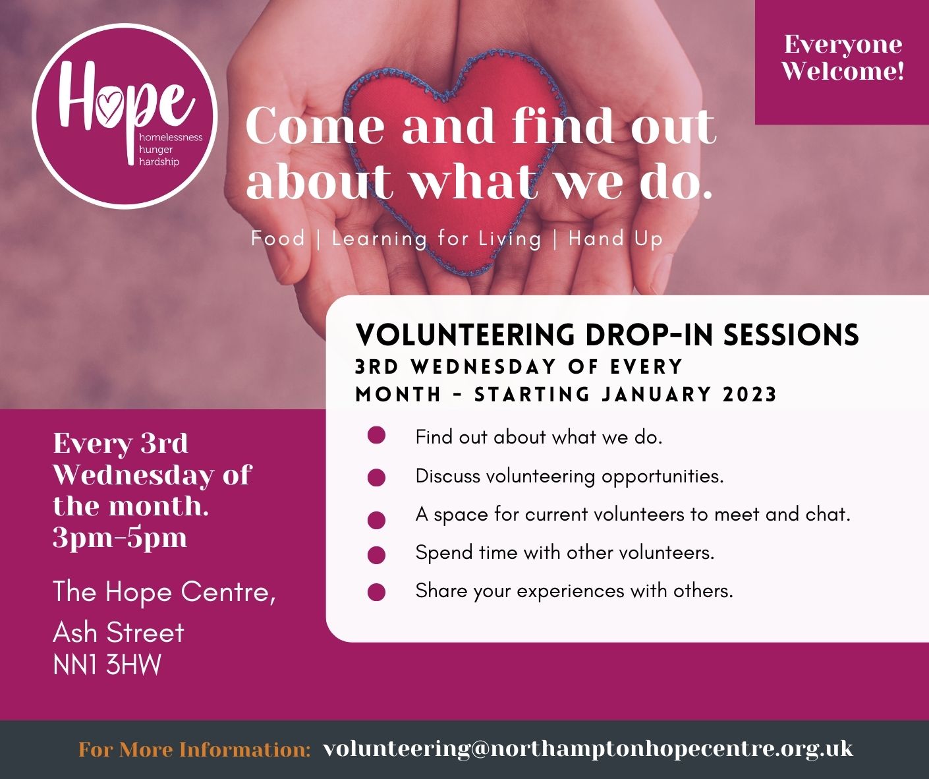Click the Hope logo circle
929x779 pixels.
[125, 116]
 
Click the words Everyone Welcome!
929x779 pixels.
[843, 57]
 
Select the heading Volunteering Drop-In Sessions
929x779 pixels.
[607, 334]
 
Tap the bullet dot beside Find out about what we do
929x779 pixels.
[376, 436]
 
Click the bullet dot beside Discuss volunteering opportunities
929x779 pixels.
[376, 478]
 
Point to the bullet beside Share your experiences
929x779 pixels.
[376, 592]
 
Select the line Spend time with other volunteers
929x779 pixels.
[565, 552]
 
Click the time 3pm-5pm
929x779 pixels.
[120, 538]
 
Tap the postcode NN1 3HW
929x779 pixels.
[107, 665]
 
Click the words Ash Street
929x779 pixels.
[119, 633]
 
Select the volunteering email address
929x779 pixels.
[588, 749]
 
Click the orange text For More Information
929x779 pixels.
[194, 749]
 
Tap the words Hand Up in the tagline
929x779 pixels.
[615, 238]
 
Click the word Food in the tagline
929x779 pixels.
[277, 238]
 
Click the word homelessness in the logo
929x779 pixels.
[171, 138]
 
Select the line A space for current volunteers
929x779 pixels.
[633, 514]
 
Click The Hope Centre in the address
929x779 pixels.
[163, 592]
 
